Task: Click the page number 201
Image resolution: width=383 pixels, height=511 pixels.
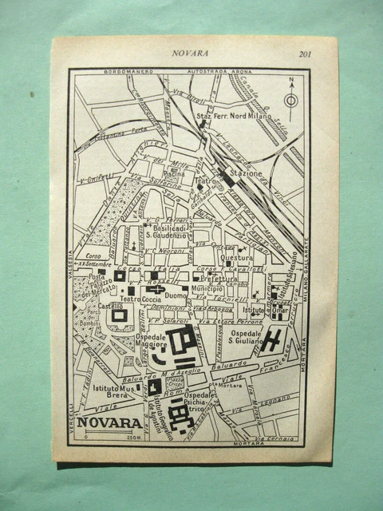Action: (305, 54)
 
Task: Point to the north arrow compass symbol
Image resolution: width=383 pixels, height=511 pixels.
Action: (291, 99)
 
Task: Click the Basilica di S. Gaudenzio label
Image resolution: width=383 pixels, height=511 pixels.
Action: (165, 229)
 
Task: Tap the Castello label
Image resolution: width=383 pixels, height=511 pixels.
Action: (112, 305)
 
